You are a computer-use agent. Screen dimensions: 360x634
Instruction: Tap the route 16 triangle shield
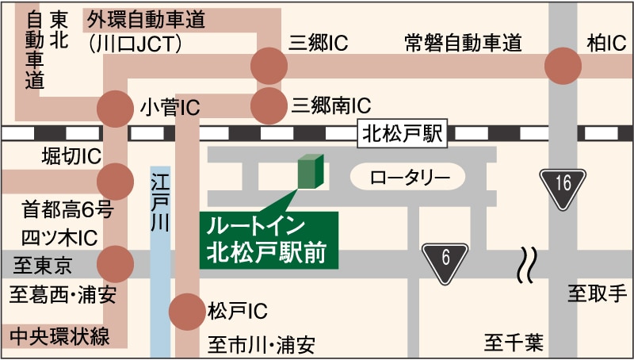tap(563, 186)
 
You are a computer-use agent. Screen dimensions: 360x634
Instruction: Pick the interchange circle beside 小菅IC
tap(116, 109)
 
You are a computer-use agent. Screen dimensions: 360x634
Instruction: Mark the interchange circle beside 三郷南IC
tap(269, 103)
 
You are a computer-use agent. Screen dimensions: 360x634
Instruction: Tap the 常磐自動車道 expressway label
tap(463, 43)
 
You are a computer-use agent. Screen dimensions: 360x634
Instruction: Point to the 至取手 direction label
tap(597, 294)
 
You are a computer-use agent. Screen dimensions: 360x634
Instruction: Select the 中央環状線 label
tap(59, 336)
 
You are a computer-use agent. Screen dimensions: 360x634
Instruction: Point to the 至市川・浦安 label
tap(262, 346)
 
